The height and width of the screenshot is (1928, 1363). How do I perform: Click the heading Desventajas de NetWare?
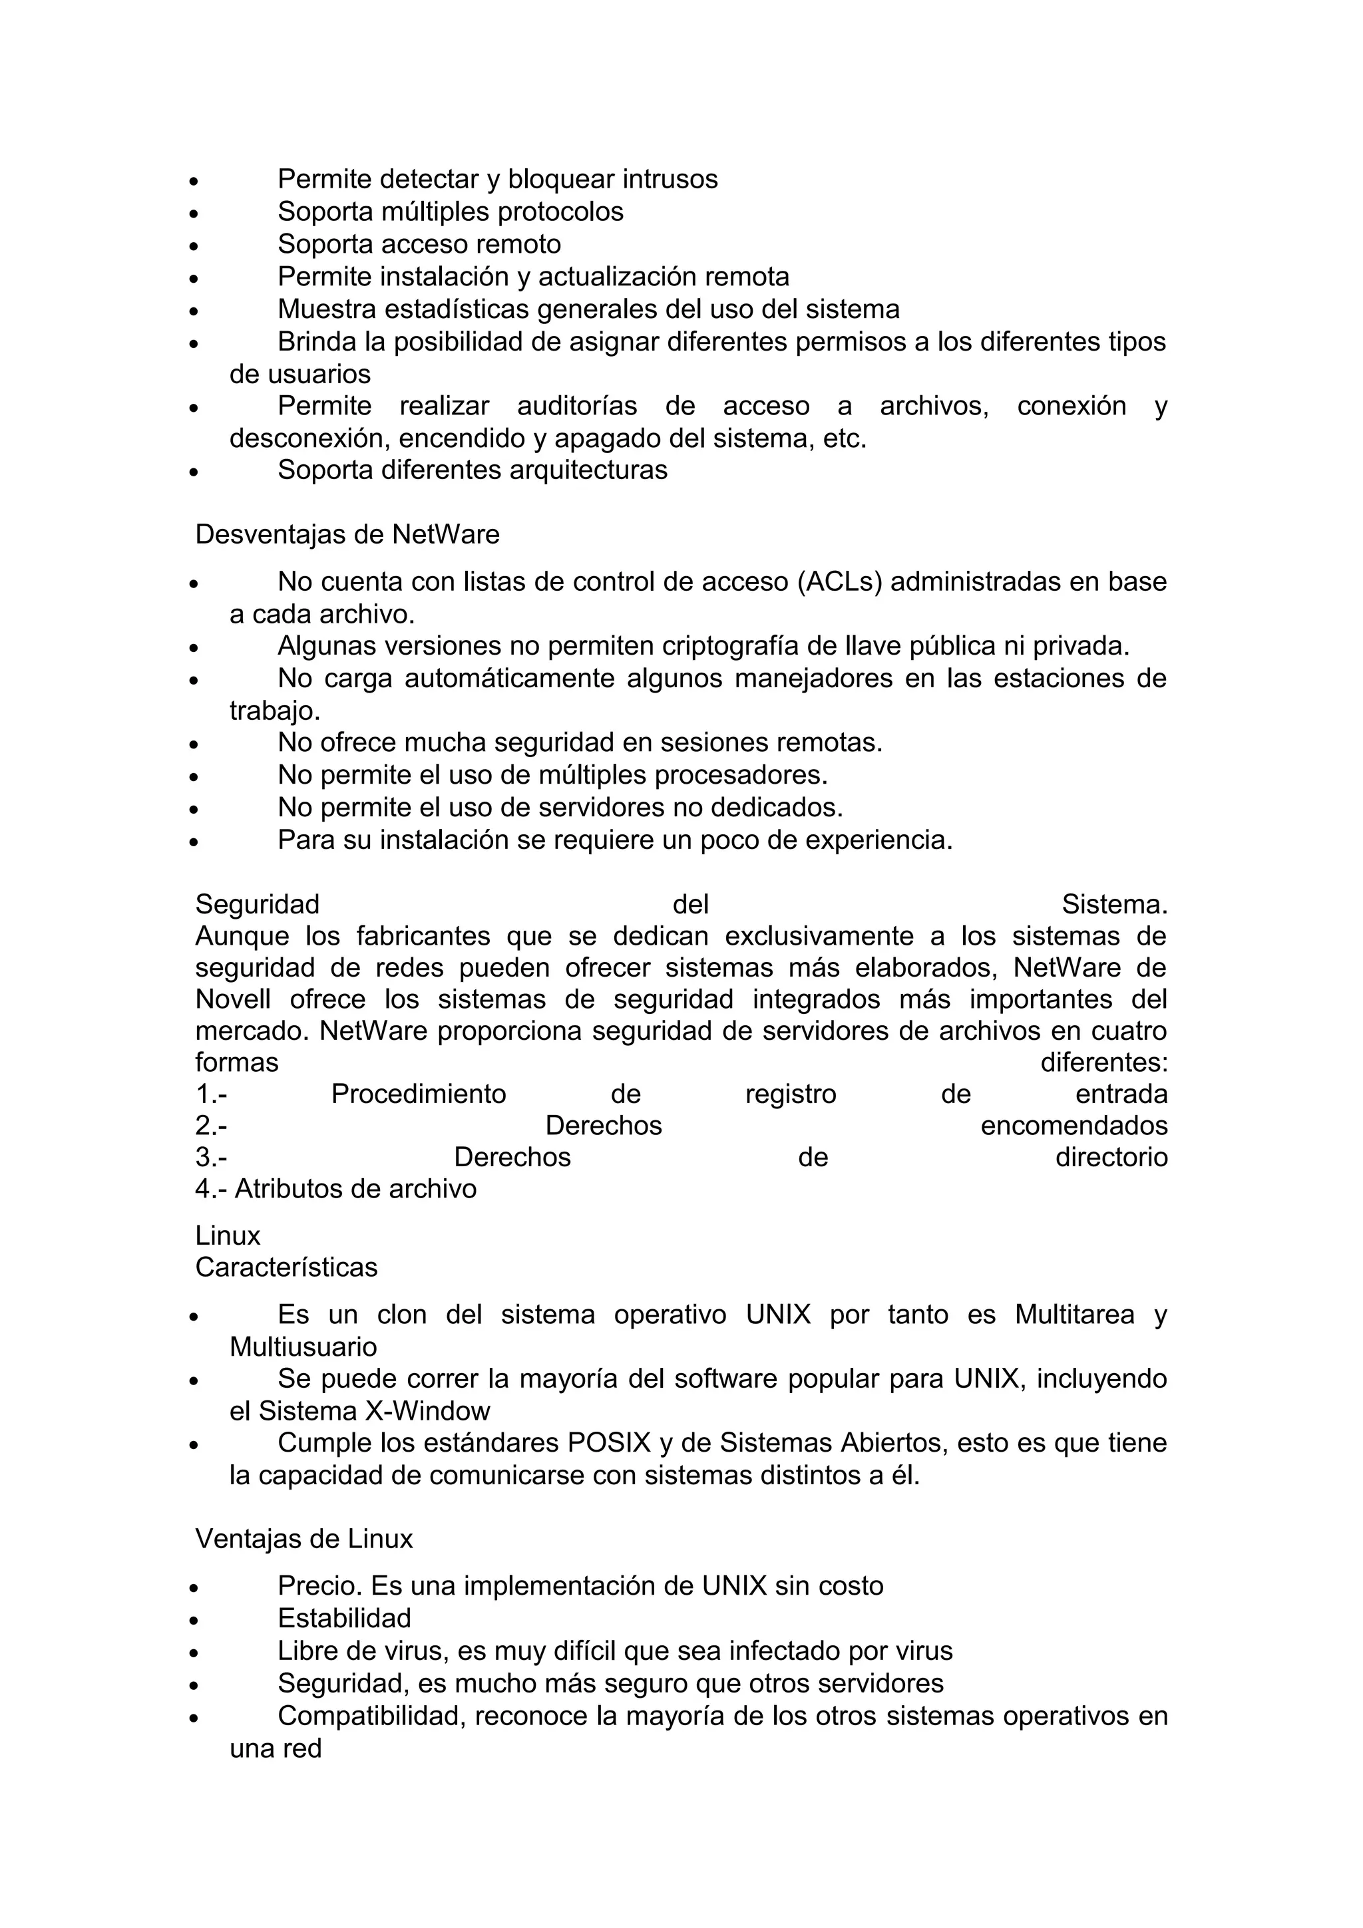tap(347, 535)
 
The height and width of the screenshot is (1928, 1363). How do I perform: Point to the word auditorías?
tap(577, 406)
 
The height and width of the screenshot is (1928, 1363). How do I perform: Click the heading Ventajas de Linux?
tap(304, 1538)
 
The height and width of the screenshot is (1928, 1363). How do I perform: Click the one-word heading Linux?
tap(228, 1235)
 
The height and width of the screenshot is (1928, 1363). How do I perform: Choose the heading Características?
tap(286, 1267)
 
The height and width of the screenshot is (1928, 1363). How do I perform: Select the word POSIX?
tap(610, 1442)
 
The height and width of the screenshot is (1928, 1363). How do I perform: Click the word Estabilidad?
tap(344, 1618)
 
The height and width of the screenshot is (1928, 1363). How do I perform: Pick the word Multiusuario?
tap(303, 1347)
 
